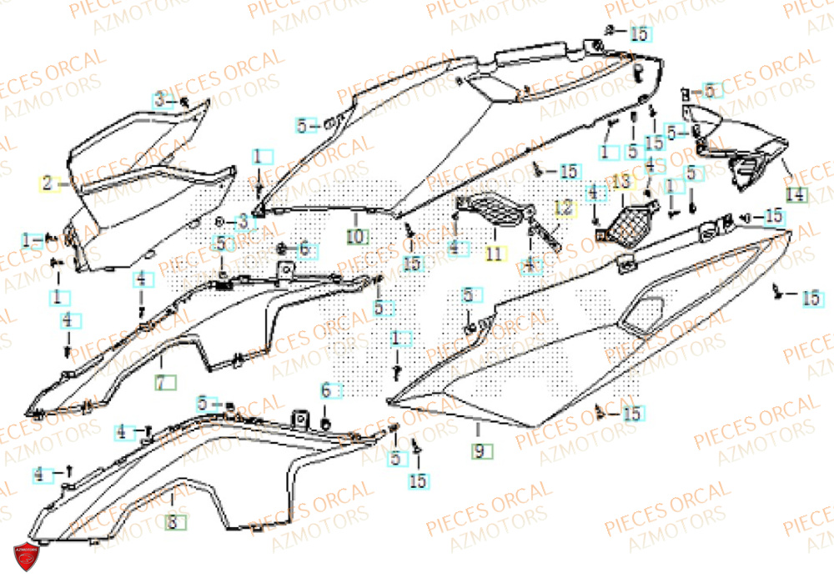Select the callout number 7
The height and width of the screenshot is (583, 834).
[x=164, y=383]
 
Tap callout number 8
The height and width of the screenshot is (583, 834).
[x=172, y=523]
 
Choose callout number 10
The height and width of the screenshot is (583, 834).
[x=356, y=237]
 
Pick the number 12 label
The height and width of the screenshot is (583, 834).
[x=565, y=209]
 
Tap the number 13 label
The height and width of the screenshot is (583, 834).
[x=623, y=181]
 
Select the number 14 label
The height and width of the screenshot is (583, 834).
[x=796, y=195]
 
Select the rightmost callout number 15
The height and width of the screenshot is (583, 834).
[x=811, y=297]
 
